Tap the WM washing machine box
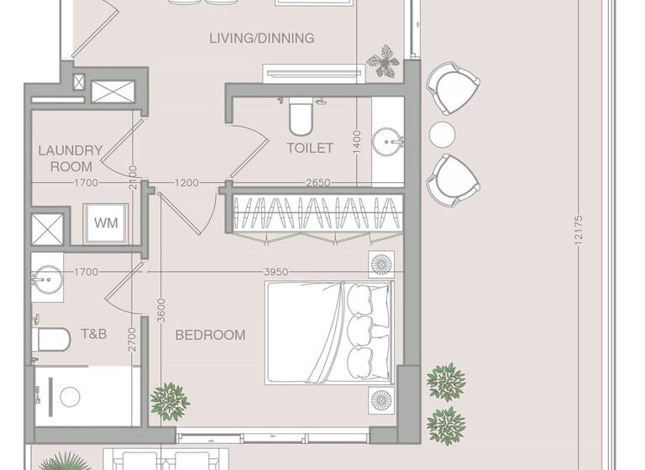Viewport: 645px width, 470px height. click(x=106, y=223)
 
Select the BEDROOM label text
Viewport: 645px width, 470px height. click(x=210, y=335)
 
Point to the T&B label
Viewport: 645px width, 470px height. click(x=92, y=334)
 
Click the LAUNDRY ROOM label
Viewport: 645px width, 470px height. click(x=71, y=159)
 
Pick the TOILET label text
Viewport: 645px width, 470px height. click(x=310, y=148)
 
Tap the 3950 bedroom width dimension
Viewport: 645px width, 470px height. click(x=276, y=272)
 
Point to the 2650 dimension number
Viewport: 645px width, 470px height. click(x=317, y=182)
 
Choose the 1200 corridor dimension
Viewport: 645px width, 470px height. click(x=187, y=182)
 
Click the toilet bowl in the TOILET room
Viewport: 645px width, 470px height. click(x=300, y=117)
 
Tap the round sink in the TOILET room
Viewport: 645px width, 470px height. click(x=387, y=138)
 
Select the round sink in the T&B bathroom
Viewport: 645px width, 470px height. click(x=47, y=276)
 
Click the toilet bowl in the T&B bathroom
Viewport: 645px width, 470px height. click(x=52, y=340)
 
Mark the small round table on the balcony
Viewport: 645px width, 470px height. click(x=442, y=133)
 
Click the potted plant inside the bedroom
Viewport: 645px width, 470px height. click(x=170, y=401)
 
